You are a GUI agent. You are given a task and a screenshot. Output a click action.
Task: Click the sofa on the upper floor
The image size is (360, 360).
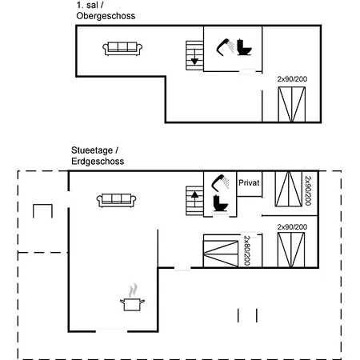(x=122, y=49)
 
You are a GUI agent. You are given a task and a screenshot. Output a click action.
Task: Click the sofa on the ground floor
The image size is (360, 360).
(x=116, y=200)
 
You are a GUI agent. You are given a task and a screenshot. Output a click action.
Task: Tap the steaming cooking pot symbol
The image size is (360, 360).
(x=132, y=298)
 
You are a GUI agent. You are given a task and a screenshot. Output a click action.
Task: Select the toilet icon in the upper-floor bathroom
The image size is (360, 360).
(x=244, y=47)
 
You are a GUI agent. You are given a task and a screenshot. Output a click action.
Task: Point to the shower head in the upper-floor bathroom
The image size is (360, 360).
(x=225, y=47)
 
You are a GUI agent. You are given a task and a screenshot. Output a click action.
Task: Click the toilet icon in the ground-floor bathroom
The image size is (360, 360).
(x=221, y=203)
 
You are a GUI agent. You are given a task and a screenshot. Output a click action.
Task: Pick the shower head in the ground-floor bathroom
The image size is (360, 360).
(x=220, y=183)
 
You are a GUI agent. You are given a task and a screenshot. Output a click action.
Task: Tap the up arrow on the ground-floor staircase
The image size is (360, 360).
(x=195, y=199)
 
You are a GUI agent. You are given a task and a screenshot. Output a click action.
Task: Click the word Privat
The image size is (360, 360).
(x=249, y=183)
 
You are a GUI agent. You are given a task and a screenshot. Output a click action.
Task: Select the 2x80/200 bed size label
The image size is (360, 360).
(x=247, y=250)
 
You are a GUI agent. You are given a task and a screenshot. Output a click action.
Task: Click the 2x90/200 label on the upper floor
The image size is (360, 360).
(x=292, y=79)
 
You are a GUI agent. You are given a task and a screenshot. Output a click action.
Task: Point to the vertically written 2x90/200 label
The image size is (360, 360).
(x=308, y=190)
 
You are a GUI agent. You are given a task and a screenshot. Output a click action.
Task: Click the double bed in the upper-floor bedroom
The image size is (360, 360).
(x=292, y=104)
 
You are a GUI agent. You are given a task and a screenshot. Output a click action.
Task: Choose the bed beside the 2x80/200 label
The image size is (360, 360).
(x=221, y=254)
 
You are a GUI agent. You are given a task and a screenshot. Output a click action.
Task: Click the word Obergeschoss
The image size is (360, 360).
(x=106, y=16)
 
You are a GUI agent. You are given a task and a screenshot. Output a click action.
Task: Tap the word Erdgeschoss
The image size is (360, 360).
(x=98, y=162)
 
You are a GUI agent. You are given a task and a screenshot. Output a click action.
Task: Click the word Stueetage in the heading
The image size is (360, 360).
(x=92, y=150)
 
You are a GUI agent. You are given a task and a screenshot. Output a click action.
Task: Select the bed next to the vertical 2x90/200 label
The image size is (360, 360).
(x=289, y=189)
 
